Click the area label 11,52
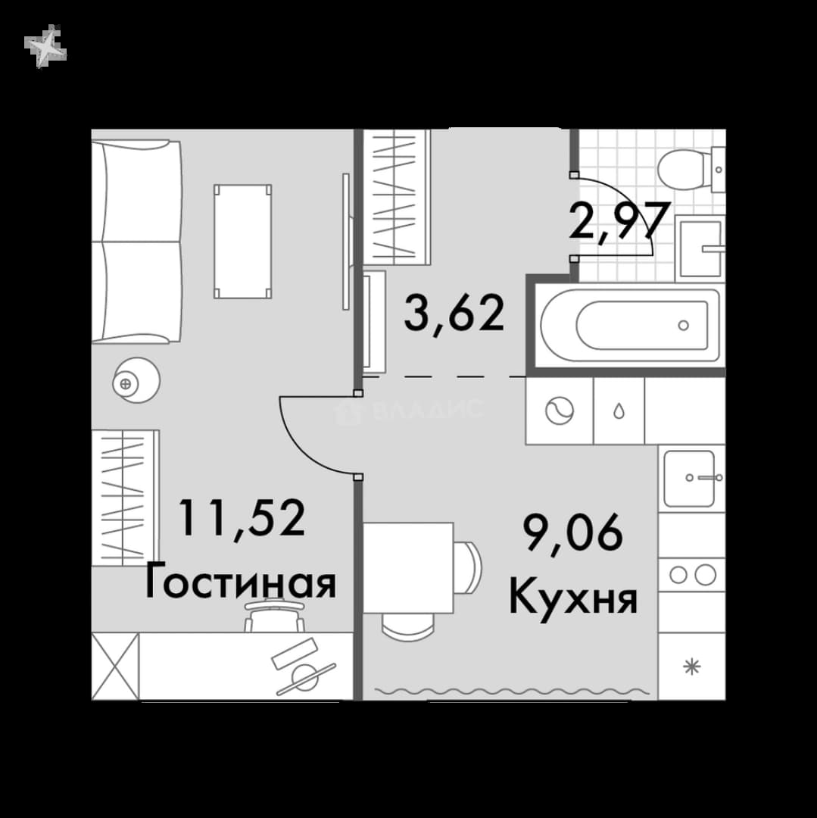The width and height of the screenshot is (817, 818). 242,517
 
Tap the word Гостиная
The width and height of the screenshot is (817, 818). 240,581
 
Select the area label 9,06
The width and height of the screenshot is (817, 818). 573,532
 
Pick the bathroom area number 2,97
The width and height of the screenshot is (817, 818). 619,221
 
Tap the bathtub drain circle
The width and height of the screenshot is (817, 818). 683,326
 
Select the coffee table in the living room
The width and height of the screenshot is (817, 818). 242,241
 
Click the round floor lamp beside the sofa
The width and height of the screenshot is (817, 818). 136,380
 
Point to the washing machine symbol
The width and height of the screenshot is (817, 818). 560,411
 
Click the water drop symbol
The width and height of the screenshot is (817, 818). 619,411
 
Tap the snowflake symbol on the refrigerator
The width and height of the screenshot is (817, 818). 692,667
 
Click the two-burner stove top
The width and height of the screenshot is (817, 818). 691,575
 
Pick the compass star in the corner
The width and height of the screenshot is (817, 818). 45,46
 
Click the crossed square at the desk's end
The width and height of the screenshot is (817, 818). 115,667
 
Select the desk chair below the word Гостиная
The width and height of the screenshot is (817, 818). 275,617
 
